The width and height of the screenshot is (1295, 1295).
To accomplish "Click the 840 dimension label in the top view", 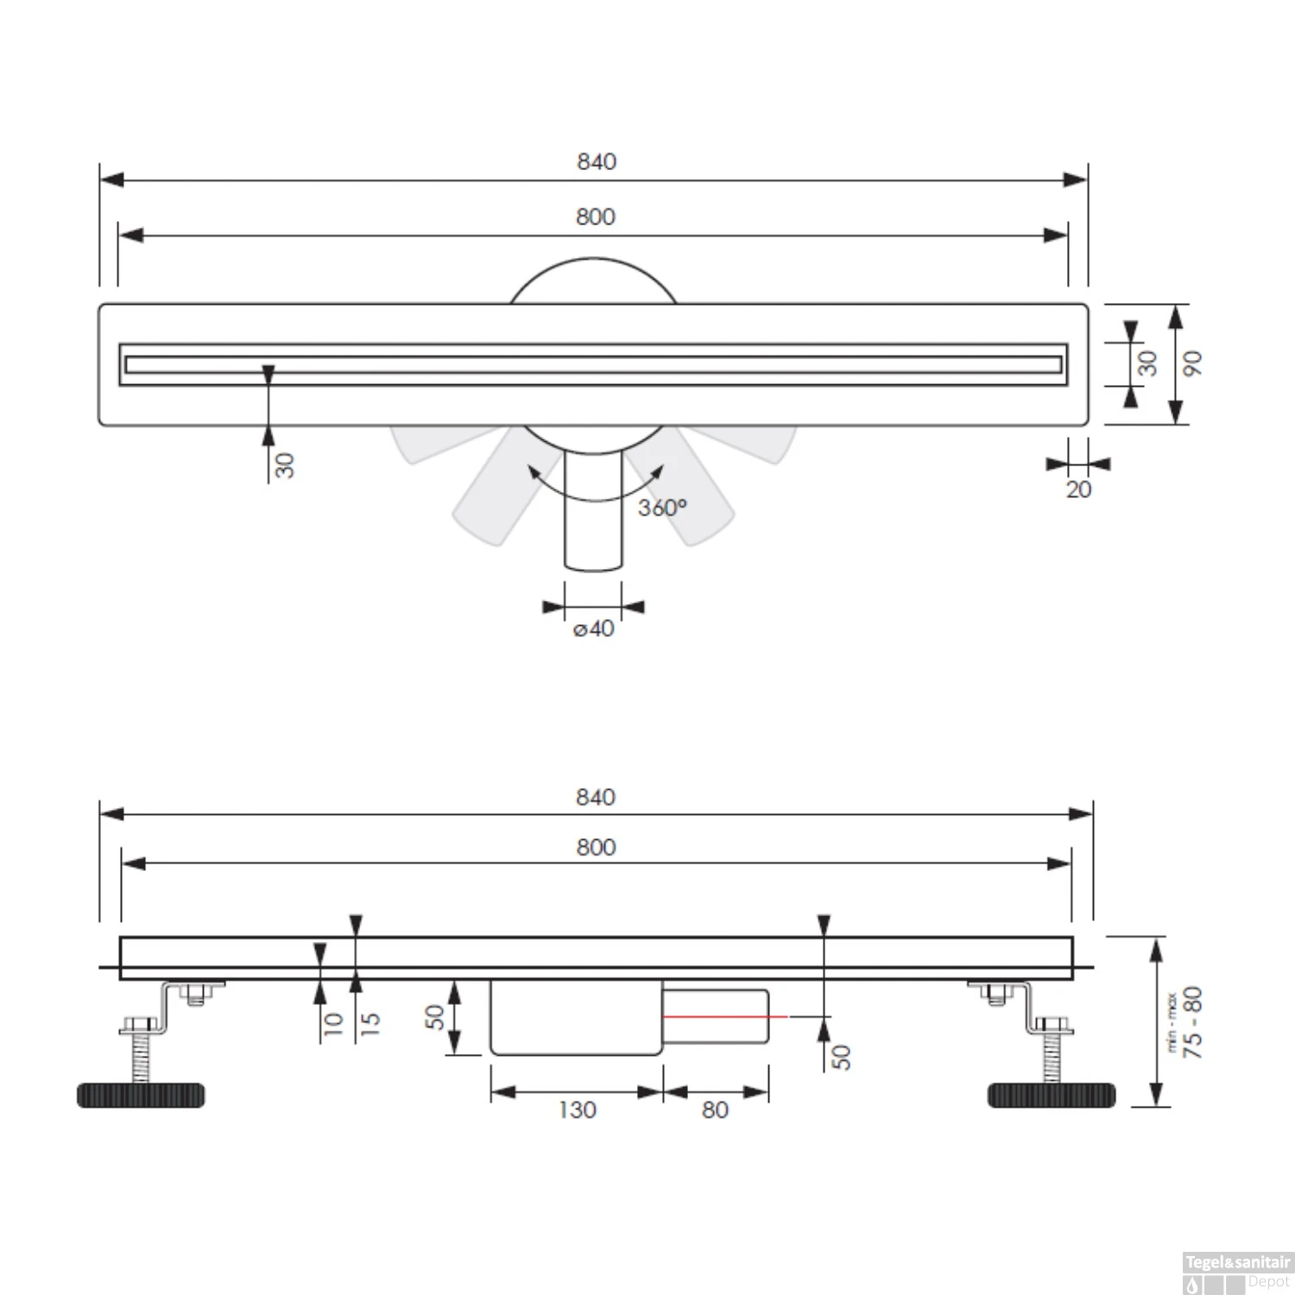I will (x=597, y=161).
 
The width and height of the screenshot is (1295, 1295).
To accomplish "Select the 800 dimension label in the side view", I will (x=597, y=847).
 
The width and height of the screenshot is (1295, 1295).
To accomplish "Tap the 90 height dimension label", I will (x=1191, y=363).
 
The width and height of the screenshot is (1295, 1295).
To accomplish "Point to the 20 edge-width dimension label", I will (x=1078, y=490).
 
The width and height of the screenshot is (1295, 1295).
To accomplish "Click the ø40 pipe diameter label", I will (x=594, y=629).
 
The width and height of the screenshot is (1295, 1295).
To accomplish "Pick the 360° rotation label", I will (x=662, y=508).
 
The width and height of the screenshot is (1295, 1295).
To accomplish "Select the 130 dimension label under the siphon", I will (x=577, y=1109).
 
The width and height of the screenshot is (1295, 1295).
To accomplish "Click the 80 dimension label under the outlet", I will (x=715, y=1109).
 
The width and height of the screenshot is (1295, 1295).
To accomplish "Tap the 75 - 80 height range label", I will (x=1192, y=1022).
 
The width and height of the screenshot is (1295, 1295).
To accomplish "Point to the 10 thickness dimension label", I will (x=333, y=1023).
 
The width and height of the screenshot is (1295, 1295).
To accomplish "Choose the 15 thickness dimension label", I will (x=370, y=1023).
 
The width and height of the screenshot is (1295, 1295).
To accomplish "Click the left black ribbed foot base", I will (x=141, y=1095).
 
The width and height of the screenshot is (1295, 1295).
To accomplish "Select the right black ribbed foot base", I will (x=1051, y=1095).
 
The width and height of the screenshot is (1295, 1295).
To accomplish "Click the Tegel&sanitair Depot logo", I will (x=1236, y=1273).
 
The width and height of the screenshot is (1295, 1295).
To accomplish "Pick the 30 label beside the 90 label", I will (x=1147, y=363).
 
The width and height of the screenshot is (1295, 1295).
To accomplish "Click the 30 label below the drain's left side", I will (x=284, y=466).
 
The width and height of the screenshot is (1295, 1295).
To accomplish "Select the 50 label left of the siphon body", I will (x=436, y=1017).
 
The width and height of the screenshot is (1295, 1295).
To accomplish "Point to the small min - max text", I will (x=1172, y=1022).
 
